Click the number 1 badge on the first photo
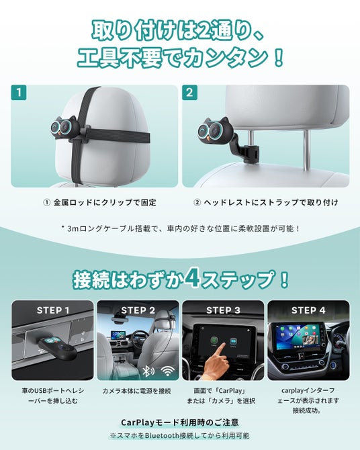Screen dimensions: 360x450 [x=19, y=93]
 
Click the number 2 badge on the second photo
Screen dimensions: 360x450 [x=189, y=93]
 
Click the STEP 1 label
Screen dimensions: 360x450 [x=53, y=310]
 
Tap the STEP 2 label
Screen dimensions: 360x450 [x=138, y=310]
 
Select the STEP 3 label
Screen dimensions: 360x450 [x=223, y=310]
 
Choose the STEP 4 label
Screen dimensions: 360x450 [x=308, y=310]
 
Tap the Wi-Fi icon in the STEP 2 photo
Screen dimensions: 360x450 [x=168, y=371]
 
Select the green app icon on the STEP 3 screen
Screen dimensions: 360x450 [x=214, y=341]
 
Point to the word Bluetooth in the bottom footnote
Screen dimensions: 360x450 [x=162, y=435]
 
